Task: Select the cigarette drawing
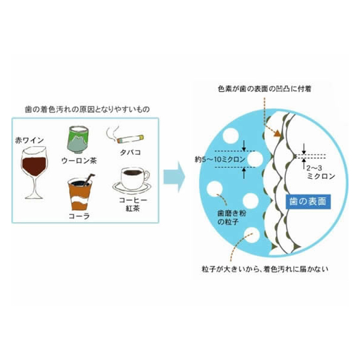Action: pos(130,138)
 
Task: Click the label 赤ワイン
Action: pos(29,140)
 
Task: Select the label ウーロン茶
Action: pos(79,161)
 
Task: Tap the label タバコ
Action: pos(130,152)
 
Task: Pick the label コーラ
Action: pos(79,216)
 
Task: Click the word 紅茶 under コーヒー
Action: pos(132,208)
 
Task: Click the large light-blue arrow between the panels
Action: pos(174,177)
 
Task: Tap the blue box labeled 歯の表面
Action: pos(308,202)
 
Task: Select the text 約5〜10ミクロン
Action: pos(220,160)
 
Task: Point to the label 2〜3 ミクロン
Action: pos(320,172)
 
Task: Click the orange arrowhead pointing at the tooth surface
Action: pos(278,134)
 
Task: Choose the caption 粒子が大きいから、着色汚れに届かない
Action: pos(265,269)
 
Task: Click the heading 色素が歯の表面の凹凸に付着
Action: pos(264,89)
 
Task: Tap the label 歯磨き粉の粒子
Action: pos(231,217)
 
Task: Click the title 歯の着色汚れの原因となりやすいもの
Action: pos(87,110)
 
